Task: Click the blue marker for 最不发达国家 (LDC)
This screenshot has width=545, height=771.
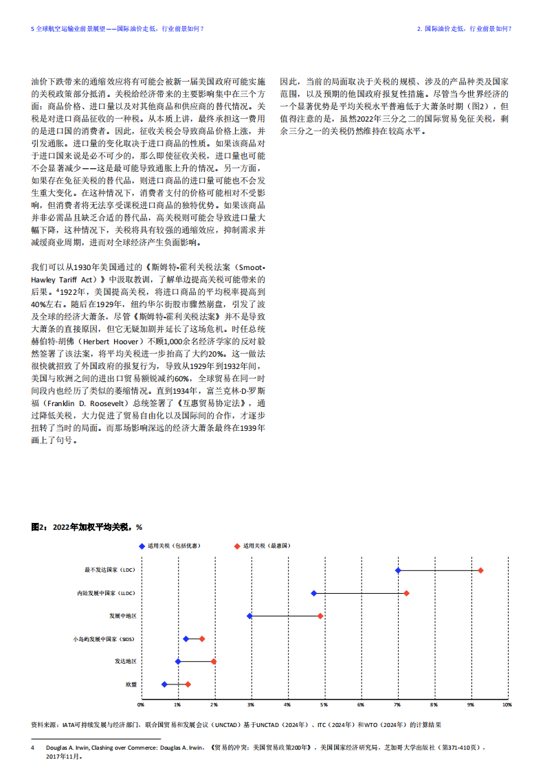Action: pyautogui.click(x=398, y=570)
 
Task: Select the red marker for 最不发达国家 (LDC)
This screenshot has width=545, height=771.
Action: pyautogui.click(x=480, y=570)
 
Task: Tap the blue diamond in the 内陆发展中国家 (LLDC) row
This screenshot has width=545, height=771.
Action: pyautogui.click(x=314, y=593)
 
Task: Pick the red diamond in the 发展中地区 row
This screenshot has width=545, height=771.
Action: pyautogui.click(x=320, y=616)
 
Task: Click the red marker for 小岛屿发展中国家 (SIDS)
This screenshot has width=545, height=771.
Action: pyautogui.click(x=202, y=639)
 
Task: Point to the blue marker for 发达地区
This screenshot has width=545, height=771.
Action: pyautogui.click(x=178, y=661)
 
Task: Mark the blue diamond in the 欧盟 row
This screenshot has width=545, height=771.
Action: pyautogui.click(x=164, y=684)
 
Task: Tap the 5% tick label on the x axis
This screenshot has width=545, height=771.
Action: pyautogui.click(x=324, y=705)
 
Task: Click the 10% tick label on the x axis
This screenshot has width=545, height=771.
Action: pyautogui.click(x=507, y=705)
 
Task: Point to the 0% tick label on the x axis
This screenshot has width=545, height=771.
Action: pyautogui.click(x=141, y=705)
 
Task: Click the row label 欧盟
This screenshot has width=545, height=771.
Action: pyautogui.click(x=131, y=684)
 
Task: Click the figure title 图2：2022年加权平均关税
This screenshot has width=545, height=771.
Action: pyautogui.click(x=86, y=527)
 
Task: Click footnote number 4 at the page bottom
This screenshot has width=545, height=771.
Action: pyautogui.click(x=32, y=746)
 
